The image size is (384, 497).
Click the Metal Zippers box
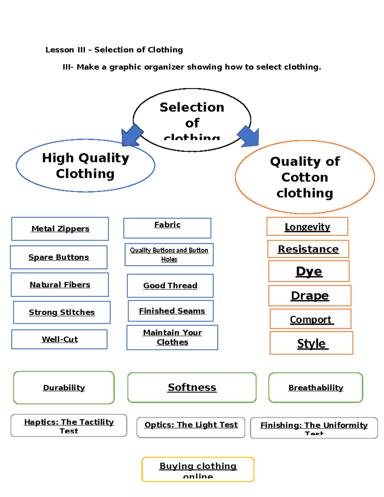(x=60, y=229)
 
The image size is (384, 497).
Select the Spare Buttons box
(x=59, y=257)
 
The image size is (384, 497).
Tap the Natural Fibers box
(x=60, y=285)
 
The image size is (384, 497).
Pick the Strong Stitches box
(x=62, y=312)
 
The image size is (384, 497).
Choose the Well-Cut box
(x=60, y=339)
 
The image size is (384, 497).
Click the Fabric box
(x=167, y=228)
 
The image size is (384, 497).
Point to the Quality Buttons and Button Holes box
(x=169, y=255)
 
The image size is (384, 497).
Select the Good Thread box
(x=170, y=285)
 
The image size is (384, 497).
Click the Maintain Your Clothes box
(x=172, y=337)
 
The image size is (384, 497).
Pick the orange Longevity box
(x=307, y=227)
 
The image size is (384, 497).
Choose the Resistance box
(x=308, y=249)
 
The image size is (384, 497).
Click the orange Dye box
(x=309, y=271)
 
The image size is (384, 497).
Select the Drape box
(x=310, y=296)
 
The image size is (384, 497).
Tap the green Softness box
(x=192, y=388)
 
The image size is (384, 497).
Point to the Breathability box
(x=316, y=388)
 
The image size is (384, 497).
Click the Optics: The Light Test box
(x=191, y=427)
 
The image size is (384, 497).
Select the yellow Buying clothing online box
(x=198, y=469)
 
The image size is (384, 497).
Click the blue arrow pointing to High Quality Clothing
(x=132, y=134)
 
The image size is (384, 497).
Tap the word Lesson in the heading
(x=60, y=50)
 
